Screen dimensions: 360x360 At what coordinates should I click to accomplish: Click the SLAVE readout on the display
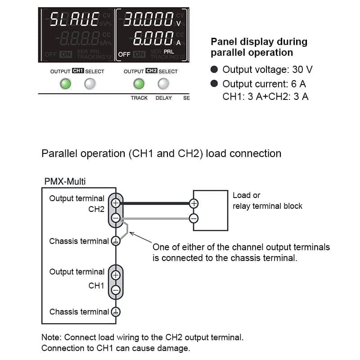(x=74, y=19)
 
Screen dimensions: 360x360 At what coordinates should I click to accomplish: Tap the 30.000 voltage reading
(x=148, y=19)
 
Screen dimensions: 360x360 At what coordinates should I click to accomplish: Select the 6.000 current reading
(x=153, y=39)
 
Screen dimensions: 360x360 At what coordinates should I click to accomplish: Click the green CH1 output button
(x=66, y=83)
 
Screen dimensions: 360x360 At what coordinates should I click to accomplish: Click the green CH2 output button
(x=139, y=83)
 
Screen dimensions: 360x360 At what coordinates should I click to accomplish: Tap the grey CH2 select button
(x=163, y=83)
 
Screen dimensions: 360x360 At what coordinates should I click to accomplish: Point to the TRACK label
(x=139, y=98)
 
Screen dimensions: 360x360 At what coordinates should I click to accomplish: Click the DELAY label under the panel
(x=164, y=98)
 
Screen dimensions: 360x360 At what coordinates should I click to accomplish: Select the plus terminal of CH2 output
(x=116, y=203)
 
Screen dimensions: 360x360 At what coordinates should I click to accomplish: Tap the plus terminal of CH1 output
(x=116, y=274)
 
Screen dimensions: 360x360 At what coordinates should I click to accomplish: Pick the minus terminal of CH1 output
(x=116, y=290)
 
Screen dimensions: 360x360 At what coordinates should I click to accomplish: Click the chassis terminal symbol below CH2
(x=116, y=241)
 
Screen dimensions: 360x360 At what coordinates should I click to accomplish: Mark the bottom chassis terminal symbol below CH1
(x=116, y=311)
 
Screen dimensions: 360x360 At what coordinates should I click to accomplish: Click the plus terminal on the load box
(x=193, y=203)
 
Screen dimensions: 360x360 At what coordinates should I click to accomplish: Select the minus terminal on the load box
(x=193, y=218)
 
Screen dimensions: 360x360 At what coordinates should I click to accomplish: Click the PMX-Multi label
(x=65, y=181)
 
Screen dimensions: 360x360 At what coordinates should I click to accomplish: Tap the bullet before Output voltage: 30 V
(x=215, y=70)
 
